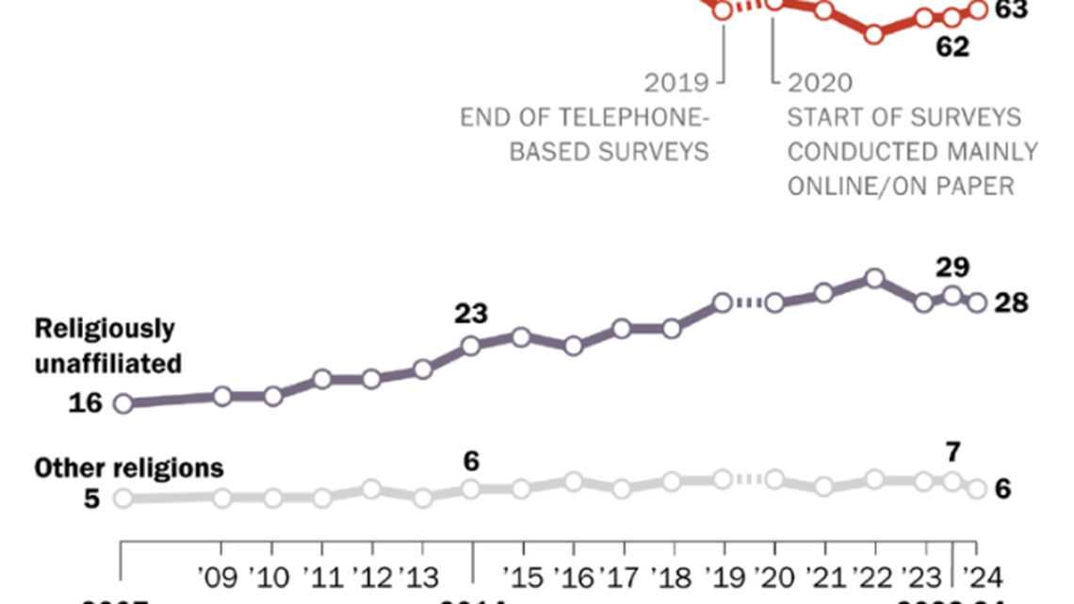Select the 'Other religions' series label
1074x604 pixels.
click(x=129, y=467)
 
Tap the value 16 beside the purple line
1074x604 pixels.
click(x=85, y=403)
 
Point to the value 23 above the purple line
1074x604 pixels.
click(x=470, y=314)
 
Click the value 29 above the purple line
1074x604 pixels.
click(x=952, y=267)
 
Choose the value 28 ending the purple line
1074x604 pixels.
click(x=1015, y=302)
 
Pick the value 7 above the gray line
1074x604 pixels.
click(x=952, y=452)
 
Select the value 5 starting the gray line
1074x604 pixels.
click(x=90, y=498)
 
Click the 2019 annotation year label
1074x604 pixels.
click(x=676, y=84)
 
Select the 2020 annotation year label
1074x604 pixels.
click(x=820, y=84)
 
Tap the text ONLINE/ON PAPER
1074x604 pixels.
click(x=901, y=186)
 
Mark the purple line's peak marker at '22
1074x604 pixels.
click(x=874, y=278)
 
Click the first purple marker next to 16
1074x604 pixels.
click(x=122, y=403)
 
